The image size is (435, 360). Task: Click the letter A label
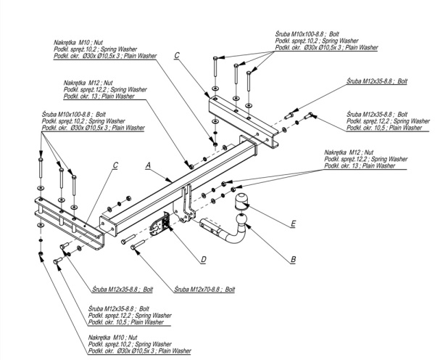click(148, 166)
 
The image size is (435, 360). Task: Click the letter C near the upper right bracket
click(176, 55)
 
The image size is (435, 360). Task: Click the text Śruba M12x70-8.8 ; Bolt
click(205, 289)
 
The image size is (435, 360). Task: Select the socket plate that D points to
click(160, 226)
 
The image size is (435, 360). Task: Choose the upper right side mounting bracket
click(243, 116)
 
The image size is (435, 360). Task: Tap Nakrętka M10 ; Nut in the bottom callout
click(114, 338)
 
